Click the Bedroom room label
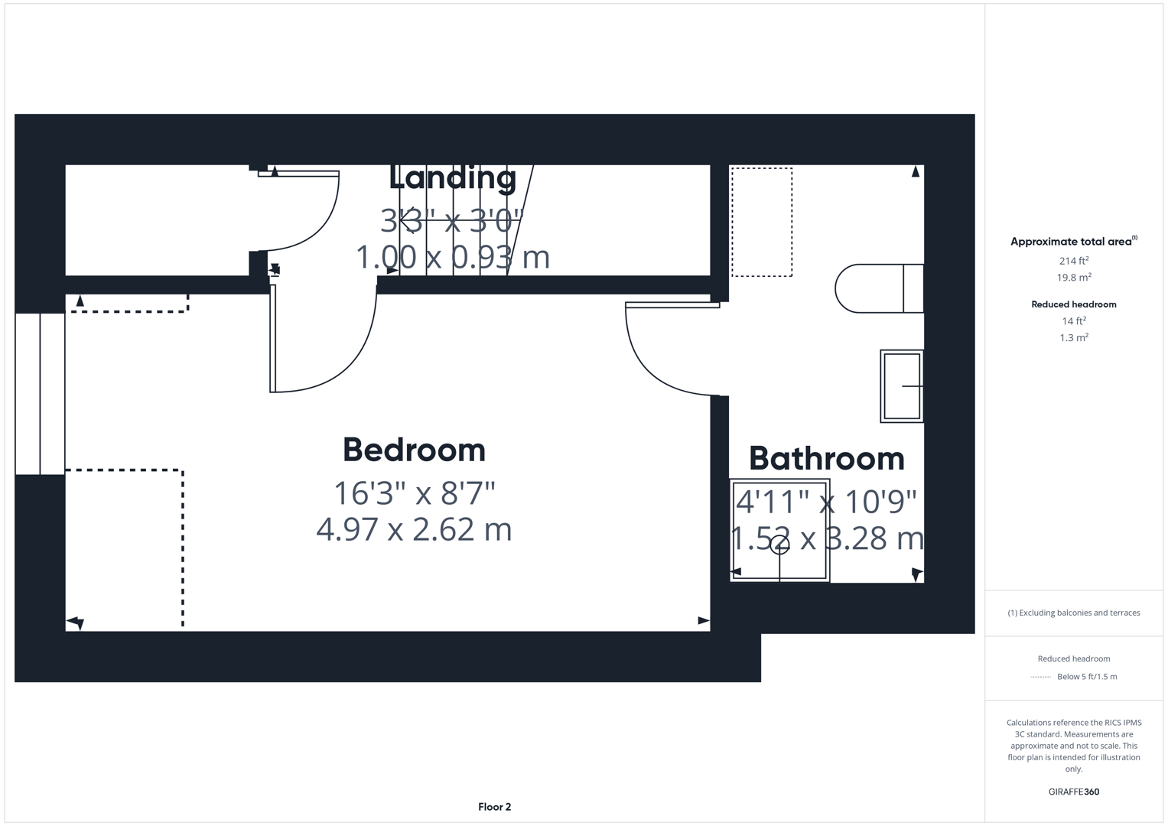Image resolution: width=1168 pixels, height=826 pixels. tap(414, 450)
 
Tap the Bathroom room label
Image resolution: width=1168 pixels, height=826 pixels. tap(826, 459)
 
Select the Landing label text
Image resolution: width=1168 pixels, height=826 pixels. tap(453, 177)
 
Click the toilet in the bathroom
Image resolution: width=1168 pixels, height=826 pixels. tap(878, 288)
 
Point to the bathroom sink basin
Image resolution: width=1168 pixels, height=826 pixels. tap(902, 386)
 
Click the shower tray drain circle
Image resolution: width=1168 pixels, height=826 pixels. tap(779, 545)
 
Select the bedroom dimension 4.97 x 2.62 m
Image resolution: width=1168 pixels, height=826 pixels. tap(414, 529)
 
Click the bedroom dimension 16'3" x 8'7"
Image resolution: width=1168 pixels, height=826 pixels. tap(414, 493)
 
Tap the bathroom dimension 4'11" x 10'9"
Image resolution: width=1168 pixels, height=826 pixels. tap(826, 502)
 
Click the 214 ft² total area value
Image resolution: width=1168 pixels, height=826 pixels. tap(1073, 261)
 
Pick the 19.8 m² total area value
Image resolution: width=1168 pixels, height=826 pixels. tap(1073, 278)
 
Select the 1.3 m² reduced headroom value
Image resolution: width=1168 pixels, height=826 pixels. tap(1073, 337)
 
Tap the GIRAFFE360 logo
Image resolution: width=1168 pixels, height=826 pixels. tap(1073, 792)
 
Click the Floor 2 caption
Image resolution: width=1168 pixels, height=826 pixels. tap(494, 807)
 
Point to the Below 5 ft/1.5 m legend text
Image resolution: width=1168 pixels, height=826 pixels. tap(1086, 676)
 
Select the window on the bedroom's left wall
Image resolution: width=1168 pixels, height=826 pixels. tap(40, 393)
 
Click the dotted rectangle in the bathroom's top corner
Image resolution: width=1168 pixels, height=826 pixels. tap(762, 222)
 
